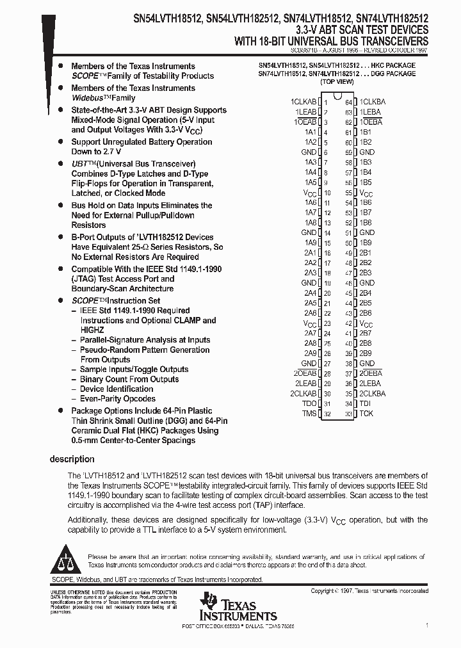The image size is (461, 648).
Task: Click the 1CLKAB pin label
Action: coord(303,102)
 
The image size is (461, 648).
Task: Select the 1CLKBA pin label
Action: coord(373,102)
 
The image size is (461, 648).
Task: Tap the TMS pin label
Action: coord(310,414)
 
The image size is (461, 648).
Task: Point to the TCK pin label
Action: coord(366,414)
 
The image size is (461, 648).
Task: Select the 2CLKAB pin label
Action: coord(303,394)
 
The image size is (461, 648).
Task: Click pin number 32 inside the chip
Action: coord(327,414)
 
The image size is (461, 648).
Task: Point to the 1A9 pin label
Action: coord(311,243)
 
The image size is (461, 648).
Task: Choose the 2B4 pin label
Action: coord(366,293)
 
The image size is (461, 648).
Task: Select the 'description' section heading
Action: coord(72,459)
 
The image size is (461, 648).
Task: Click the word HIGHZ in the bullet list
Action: coord(92,330)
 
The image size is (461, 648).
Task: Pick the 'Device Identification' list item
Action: coord(116,389)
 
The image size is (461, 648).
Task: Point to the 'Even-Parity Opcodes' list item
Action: coord(117,398)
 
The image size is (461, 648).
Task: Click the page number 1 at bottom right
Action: coord(426,622)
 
